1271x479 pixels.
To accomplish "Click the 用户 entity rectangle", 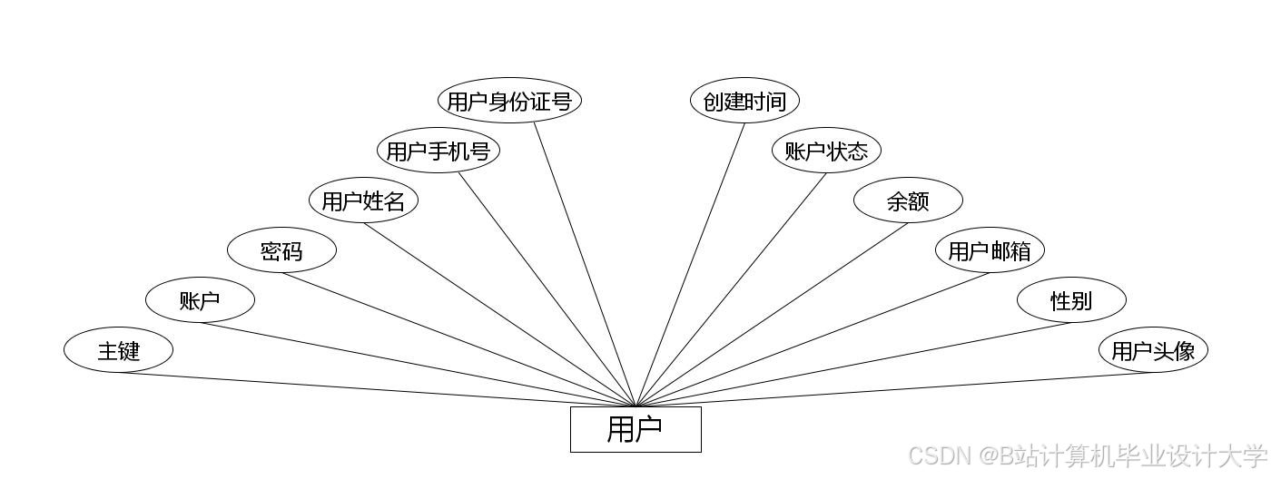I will tap(635, 429).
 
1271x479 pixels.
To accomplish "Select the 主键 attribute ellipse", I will tap(118, 350).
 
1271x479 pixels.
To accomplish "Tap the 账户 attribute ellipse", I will tap(200, 300).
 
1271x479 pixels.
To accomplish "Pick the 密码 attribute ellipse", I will tap(281, 250).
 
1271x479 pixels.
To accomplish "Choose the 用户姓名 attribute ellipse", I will tap(363, 200).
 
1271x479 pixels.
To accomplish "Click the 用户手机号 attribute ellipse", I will tap(438, 151).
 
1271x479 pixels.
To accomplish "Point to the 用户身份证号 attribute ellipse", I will tap(509, 101).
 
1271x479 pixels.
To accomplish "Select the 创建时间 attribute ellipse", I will tap(744, 101).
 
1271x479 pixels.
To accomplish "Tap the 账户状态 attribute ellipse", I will tap(826, 151).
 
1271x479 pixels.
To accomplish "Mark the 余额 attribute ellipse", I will tap(908, 200).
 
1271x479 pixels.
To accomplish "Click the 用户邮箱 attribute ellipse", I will tap(990, 250).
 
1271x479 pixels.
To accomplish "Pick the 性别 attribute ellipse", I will tap(1071, 300).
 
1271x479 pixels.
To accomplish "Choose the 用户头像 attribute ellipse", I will tap(1153, 350).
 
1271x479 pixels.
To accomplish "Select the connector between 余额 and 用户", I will tap(772, 315).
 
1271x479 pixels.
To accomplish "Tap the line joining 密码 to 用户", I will tap(458, 339).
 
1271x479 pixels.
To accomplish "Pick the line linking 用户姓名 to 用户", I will tap(499, 315).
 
